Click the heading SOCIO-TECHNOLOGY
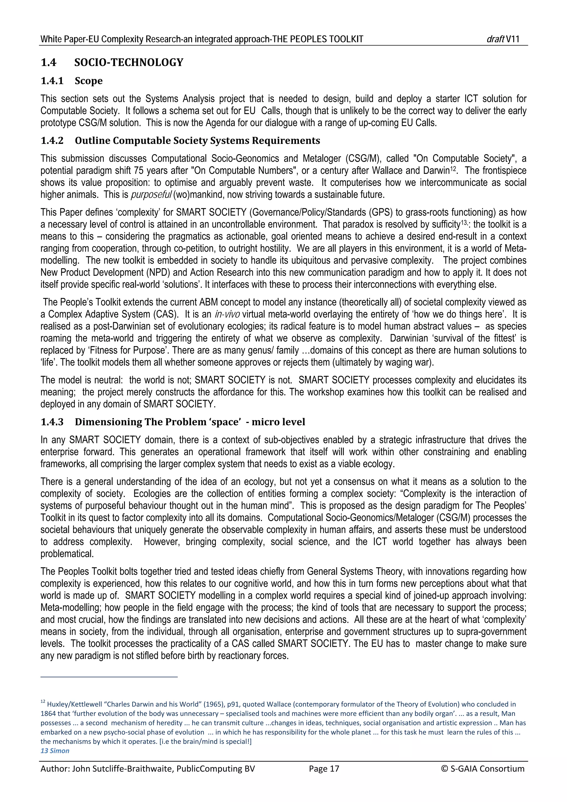click(x=128, y=63)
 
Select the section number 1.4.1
click(x=52, y=81)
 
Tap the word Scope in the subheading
click(x=89, y=81)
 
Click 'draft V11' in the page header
click(x=503, y=39)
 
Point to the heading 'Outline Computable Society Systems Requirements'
click(x=197, y=141)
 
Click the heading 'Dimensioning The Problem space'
click(x=190, y=422)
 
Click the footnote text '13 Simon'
click(x=55, y=751)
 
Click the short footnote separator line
click(x=109, y=677)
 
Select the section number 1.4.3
click(x=52, y=422)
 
